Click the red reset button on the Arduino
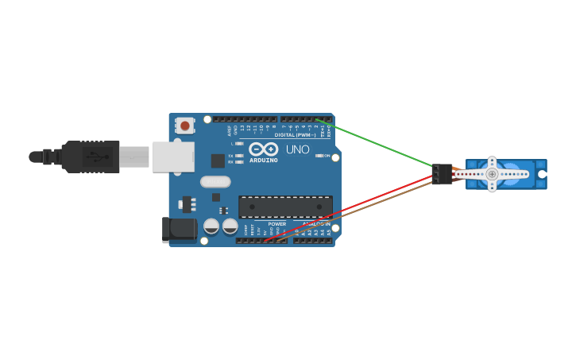click(x=185, y=126)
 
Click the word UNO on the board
click(x=297, y=149)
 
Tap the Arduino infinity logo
click(x=263, y=149)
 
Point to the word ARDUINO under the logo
click(x=264, y=160)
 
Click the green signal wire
click(x=381, y=144)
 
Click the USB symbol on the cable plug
click(x=95, y=157)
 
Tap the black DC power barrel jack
click(x=179, y=230)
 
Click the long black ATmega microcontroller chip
click(x=285, y=207)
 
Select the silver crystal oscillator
click(x=215, y=181)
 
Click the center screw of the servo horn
click(x=492, y=174)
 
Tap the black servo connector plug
click(x=442, y=174)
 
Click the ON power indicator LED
click(x=319, y=156)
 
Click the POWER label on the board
click(x=276, y=224)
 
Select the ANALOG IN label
click(x=316, y=224)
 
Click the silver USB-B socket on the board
click(x=172, y=157)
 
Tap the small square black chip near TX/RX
click(x=217, y=160)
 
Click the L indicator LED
click(x=239, y=144)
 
